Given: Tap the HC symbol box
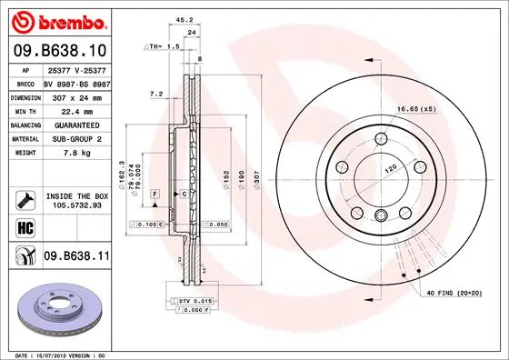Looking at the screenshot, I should coord(24,227).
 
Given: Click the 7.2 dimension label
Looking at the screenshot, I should coord(155,93).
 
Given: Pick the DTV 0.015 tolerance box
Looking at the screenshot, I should coord(191,301).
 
